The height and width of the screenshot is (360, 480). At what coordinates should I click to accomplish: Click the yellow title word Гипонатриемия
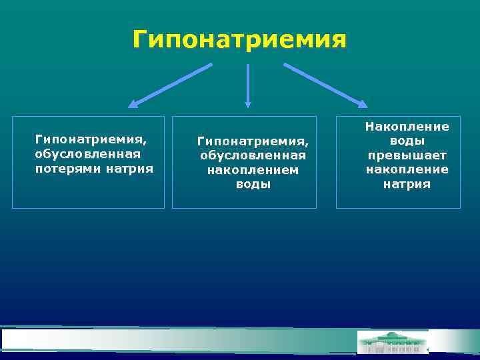[239, 39]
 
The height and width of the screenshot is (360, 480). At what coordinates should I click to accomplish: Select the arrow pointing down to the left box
[171, 85]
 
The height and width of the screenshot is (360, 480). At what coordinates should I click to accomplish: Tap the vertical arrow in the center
[248, 85]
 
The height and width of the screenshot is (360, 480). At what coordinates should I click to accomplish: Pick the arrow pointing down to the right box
[325, 85]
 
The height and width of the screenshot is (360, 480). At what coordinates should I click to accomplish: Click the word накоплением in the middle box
[253, 169]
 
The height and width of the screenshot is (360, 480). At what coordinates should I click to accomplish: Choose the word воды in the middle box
[253, 183]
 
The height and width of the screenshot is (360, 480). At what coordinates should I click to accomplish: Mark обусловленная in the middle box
[253, 155]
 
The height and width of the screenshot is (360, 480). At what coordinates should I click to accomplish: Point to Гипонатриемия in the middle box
[253, 141]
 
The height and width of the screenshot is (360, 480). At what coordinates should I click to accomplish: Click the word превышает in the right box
[407, 155]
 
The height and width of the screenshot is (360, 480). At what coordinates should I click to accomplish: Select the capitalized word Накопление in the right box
[407, 127]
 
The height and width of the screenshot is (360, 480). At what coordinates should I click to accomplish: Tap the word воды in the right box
[407, 141]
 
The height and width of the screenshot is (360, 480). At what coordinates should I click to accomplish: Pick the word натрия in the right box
[407, 183]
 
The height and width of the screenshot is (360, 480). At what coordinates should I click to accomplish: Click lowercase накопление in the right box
[407, 169]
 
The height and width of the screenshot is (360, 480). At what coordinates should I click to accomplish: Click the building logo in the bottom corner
[393, 341]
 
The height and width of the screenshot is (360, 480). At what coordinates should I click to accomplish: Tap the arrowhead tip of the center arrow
[248, 105]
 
